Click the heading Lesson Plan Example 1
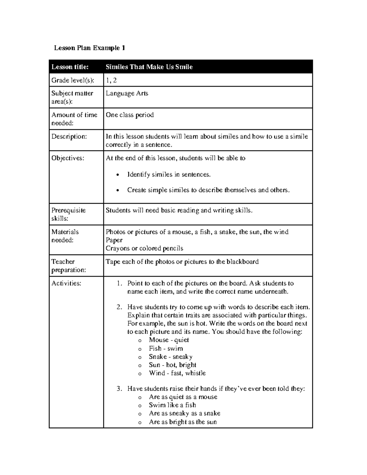pyautogui.click(x=89, y=48)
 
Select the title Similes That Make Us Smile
pyautogui.click(x=149, y=67)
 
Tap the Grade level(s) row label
pyautogui.click(x=73, y=80)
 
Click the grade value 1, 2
pyautogui.click(x=111, y=80)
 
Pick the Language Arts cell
pyautogui.click(x=127, y=94)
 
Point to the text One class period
pyautogui.click(x=130, y=115)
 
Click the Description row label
pyautogui.click(x=69, y=136)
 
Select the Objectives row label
pyautogui.click(x=68, y=158)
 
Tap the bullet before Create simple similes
pyautogui.click(x=118, y=191)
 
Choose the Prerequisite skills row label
pyautogui.click(x=69, y=214)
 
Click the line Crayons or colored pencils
pyautogui.click(x=144, y=248)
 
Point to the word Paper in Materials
pyautogui.click(x=114, y=240)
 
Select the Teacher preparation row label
pyautogui.click(x=69, y=266)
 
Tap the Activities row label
pyautogui.click(x=66, y=284)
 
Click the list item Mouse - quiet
pyautogui.click(x=169, y=340)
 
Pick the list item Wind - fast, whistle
pyautogui.click(x=177, y=373)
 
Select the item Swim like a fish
pyautogui.click(x=172, y=405)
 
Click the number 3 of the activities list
pyautogui.click(x=119, y=389)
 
